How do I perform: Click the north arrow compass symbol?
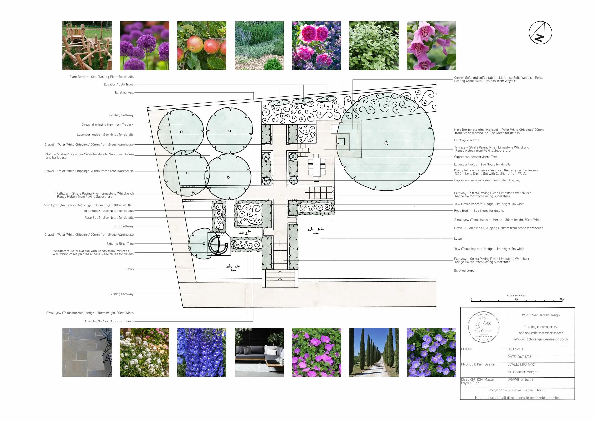[540, 33]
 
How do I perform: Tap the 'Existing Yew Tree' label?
[467, 140]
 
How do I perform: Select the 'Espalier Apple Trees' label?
[118, 85]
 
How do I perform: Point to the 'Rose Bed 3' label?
[108, 321]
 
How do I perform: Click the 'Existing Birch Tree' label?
[120, 244]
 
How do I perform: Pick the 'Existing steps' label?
[464, 271]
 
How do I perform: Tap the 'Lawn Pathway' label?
[123, 226]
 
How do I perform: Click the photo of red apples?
[202, 46]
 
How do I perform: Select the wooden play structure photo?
[87, 46]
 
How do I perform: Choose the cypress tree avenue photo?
[374, 352]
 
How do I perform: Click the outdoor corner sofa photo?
[259, 352]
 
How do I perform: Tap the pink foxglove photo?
[431, 46]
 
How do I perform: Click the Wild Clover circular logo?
[483, 327]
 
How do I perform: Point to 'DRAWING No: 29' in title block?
[520, 380]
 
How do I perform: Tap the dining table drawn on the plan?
[316, 167]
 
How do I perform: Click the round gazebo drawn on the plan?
[218, 244]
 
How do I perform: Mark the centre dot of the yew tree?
[386, 143]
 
